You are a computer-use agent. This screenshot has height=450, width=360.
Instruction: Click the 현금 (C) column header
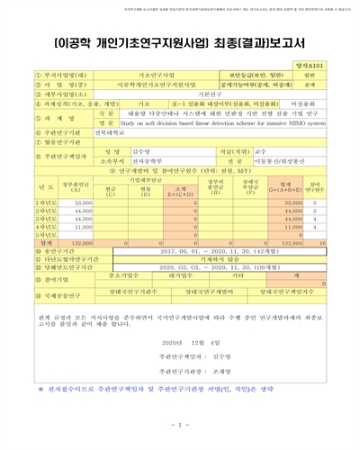point(109,191)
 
